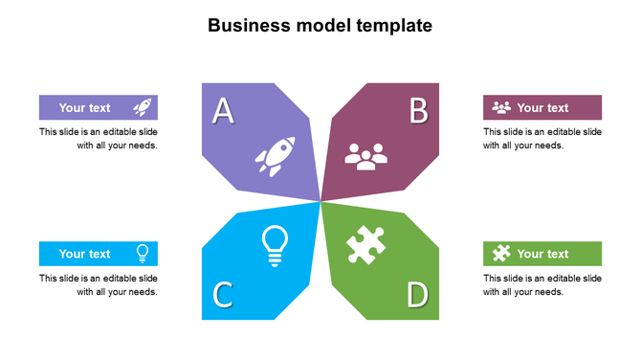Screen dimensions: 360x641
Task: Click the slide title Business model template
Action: (320, 25)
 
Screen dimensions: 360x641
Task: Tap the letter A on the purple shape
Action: (223, 111)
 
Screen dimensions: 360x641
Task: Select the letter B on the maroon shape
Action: (418, 111)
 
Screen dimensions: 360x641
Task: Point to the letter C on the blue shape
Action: (222, 294)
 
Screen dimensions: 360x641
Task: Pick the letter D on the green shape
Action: (417, 294)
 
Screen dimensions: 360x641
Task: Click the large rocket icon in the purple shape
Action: (275, 157)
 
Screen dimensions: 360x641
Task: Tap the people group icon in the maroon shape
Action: (365, 156)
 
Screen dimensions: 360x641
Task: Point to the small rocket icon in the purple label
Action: (142, 107)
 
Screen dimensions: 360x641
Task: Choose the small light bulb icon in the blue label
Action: (143, 254)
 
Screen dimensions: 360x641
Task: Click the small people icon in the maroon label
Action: (501, 107)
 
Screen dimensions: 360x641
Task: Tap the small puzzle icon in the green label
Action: (501, 254)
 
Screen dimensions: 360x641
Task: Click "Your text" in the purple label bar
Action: (85, 108)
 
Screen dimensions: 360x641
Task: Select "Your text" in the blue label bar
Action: (85, 254)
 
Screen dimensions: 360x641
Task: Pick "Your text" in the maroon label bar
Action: (542, 108)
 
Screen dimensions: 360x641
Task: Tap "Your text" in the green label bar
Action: (542, 254)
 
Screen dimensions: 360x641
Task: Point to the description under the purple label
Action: (99, 139)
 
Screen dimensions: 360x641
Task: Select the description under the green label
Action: (542, 285)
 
